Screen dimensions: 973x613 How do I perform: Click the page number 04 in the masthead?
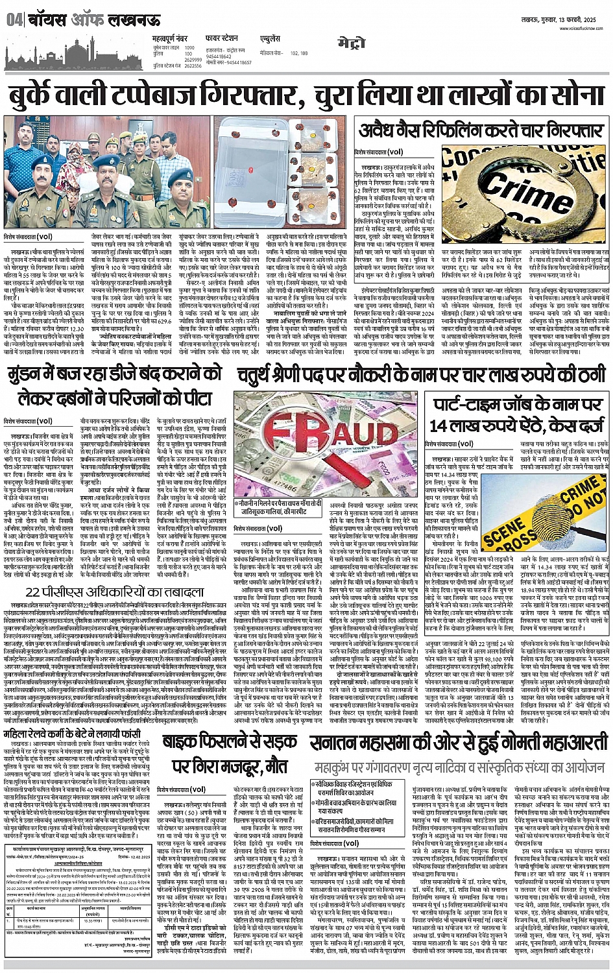(x=14, y=20)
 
